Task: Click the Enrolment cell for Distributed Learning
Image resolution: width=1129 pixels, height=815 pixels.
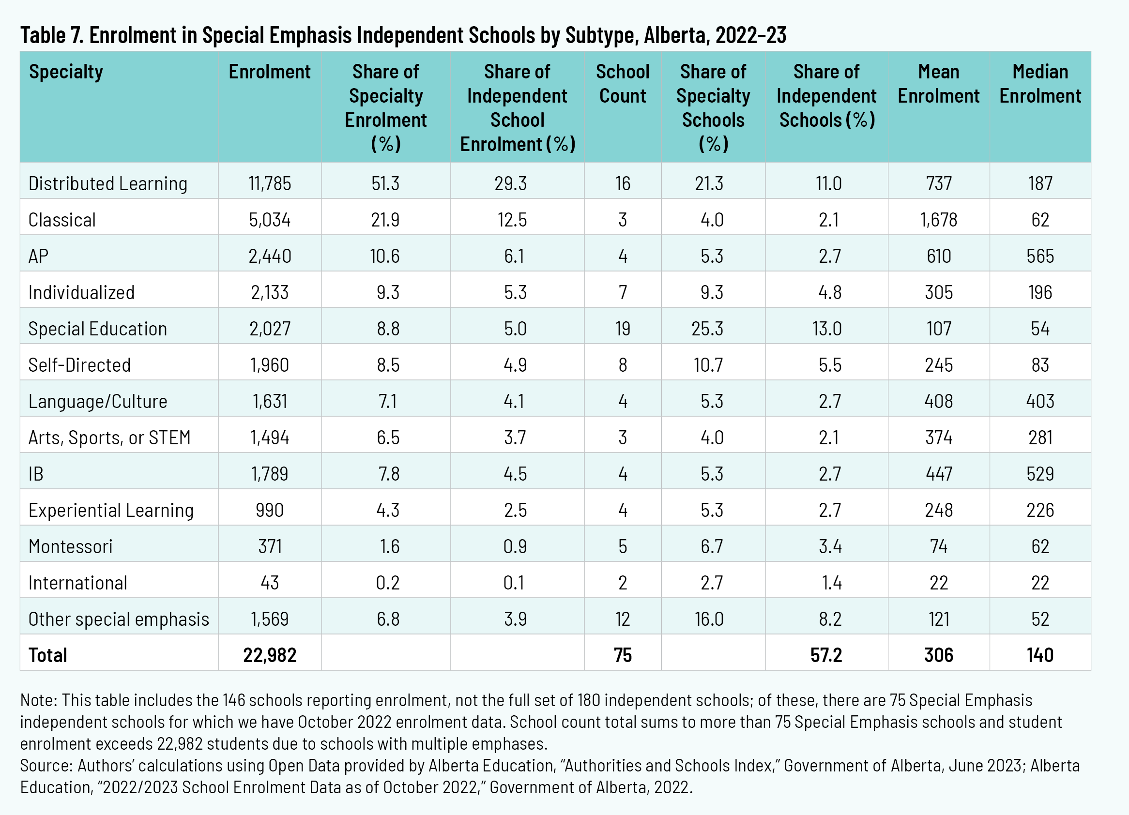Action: point(269,183)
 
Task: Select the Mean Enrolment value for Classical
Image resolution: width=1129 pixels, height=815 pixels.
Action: point(938,219)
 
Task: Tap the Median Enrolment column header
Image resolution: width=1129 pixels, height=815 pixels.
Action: point(1040,84)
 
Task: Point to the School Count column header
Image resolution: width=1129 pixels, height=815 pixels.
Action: point(622,84)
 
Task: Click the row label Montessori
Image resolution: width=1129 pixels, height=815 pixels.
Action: point(71,546)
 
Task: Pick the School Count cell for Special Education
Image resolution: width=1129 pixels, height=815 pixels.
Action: point(622,329)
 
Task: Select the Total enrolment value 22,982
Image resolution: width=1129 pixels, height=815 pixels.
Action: point(269,655)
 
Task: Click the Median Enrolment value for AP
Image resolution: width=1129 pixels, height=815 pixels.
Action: point(1040,256)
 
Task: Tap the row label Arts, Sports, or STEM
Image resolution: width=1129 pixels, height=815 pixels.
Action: point(109,438)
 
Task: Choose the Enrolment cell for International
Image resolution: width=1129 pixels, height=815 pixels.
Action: point(269,583)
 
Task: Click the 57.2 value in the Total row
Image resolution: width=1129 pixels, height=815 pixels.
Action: point(826,655)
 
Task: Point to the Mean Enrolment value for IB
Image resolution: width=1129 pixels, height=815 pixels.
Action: point(938,474)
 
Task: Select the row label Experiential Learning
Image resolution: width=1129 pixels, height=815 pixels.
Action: point(111,510)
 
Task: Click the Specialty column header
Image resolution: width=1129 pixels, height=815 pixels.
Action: point(66,72)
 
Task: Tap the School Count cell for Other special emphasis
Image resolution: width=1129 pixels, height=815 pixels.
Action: point(622,619)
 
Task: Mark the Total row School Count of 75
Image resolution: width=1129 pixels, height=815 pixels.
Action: point(622,655)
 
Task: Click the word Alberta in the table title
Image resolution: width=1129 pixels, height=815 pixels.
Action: point(674,35)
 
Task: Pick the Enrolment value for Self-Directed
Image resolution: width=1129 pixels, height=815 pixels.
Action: point(269,365)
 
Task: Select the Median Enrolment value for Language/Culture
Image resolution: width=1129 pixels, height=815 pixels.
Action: point(1040,401)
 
